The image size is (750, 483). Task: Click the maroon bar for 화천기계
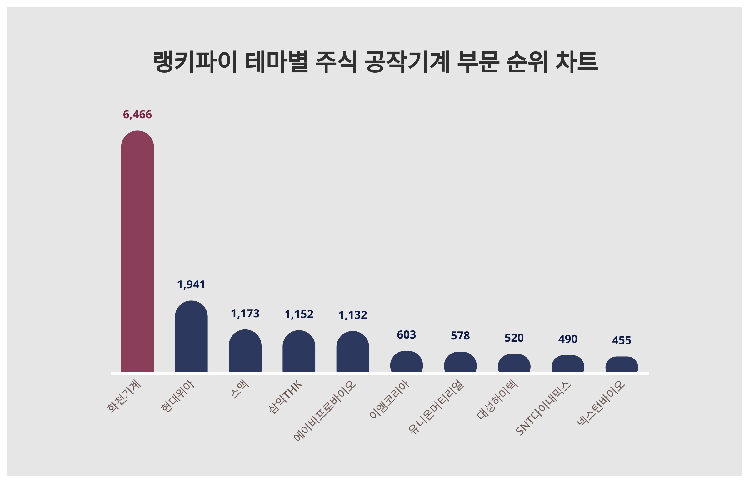[137, 251]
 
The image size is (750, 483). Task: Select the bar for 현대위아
[191, 337]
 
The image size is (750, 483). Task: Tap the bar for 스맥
[245, 351]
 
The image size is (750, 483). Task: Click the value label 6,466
[137, 115]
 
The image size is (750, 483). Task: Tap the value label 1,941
[191, 285]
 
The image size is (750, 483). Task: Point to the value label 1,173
[245, 314]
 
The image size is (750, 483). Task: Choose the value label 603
[407, 335]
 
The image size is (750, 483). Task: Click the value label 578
[460, 336]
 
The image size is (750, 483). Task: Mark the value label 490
[567, 339]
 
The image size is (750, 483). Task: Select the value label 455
[622, 341]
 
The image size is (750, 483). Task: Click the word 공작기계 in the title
[407, 62]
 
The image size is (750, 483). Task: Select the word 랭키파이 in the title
[195, 62]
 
